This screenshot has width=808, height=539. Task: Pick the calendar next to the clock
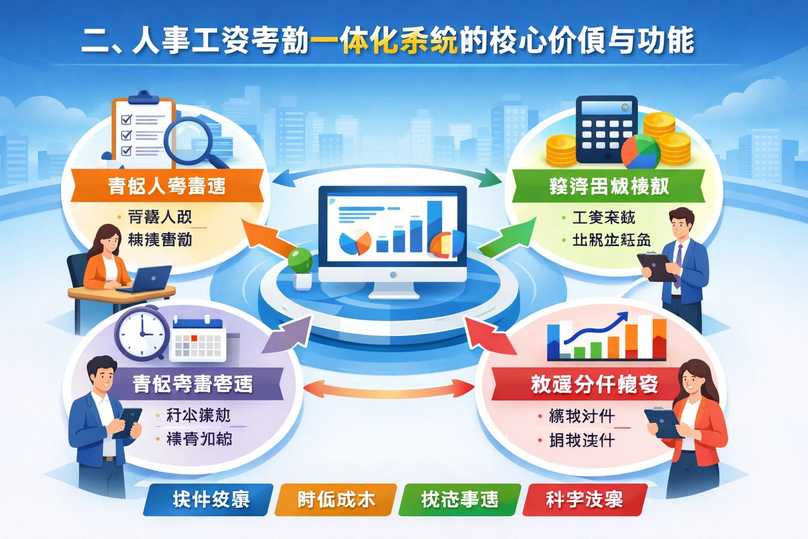198,340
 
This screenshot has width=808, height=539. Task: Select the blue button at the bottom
209,500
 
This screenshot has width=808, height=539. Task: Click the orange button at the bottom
336,500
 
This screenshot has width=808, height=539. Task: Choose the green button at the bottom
460,500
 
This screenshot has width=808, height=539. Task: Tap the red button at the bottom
584,500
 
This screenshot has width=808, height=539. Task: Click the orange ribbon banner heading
167,186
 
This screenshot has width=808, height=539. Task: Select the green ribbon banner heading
609,186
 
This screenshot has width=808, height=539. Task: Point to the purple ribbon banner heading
193,384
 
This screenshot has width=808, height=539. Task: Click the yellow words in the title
384,41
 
